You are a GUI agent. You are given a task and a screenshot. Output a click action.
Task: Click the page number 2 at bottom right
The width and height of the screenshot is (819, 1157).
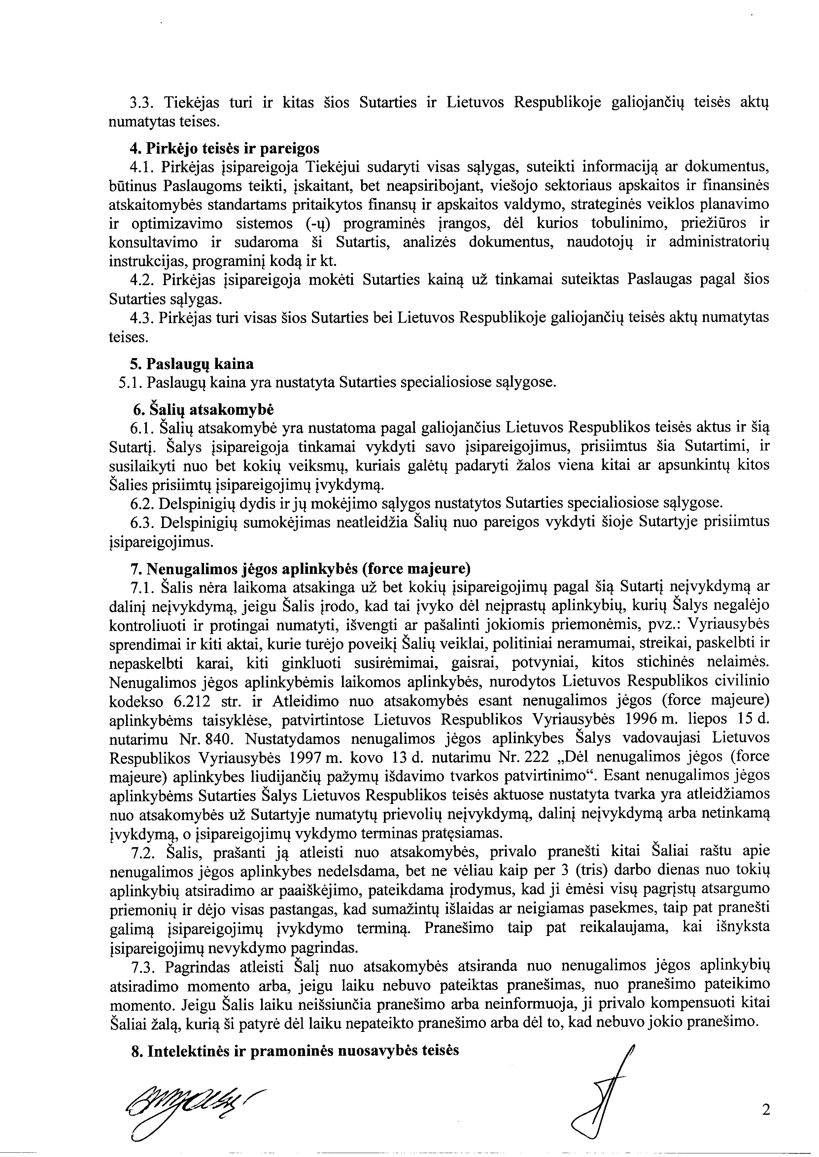click(x=766, y=1109)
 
